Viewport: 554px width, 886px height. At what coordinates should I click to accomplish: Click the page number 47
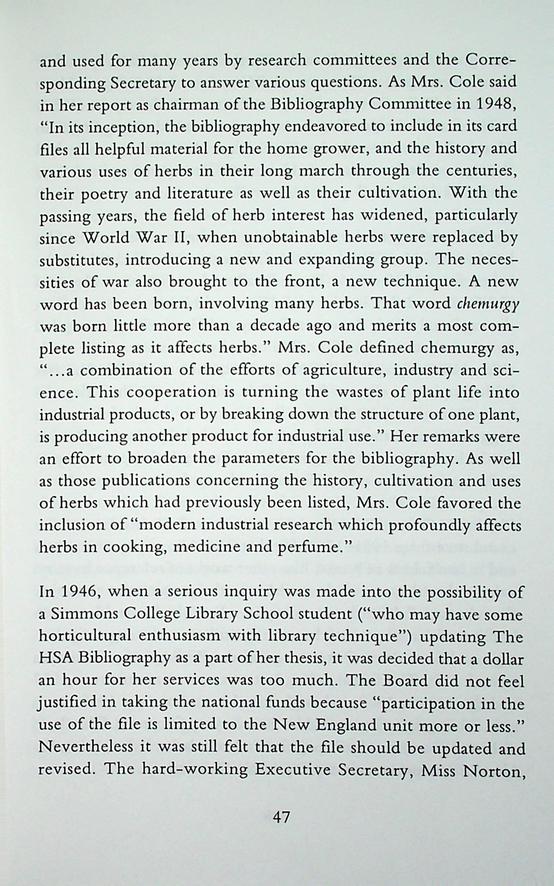coord(281,824)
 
